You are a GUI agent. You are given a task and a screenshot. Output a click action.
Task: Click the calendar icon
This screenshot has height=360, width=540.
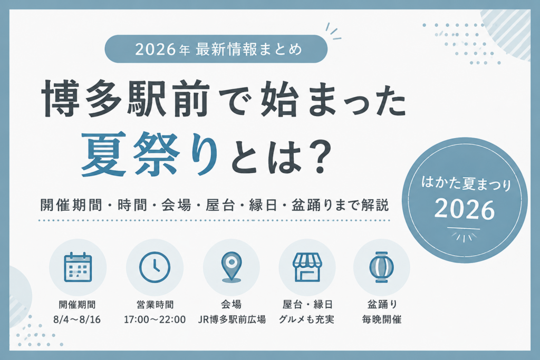pyautogui.click(x=78, y=267)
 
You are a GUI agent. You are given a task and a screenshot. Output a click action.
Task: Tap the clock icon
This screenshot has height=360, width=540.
pyautogui.click(x=155, y=267)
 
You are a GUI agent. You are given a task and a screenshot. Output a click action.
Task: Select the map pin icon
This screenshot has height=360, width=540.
pyautogui.click(x=232, y=267)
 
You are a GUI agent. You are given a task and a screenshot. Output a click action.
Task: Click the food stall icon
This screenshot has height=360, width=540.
pyautogui.click(x=307, y=267)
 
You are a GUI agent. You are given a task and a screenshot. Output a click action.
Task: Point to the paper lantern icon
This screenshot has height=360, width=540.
pyautogui.click(x=382, y=267)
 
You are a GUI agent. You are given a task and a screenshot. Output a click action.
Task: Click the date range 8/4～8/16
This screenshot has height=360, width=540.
pyautogui.click(x=77, y=319)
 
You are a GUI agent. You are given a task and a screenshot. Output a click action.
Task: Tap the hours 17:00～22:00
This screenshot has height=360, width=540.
pyautogui.click(x=155, y=319)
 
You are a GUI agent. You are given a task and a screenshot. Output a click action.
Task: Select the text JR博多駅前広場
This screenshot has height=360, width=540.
pyautogui.click(x=232, y=319)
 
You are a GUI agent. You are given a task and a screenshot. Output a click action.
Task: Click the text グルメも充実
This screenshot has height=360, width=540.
pyautogui.click(x=306, y=319)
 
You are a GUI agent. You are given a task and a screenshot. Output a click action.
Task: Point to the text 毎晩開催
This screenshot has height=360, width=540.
pyautogui.click(x=382, y=319)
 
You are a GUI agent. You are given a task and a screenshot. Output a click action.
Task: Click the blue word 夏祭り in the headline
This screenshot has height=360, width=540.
pyautogui.click(x=150, y=154)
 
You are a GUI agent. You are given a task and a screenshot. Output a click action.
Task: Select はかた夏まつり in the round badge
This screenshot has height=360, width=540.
pyautogui.click(x=466, y=183)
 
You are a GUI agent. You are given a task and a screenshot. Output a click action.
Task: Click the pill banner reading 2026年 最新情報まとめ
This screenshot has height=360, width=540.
pyautogui.click(x=216, y=49)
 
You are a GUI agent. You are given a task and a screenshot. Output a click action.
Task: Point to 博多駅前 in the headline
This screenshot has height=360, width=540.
pyautogui.click(x=126, y=99)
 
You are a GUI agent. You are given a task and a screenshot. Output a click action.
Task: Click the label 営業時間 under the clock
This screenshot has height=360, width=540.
pyautogui.click(x=155, y=304)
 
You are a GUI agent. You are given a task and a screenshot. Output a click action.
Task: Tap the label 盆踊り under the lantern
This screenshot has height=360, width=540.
pyautogui.click(x=382, y=304)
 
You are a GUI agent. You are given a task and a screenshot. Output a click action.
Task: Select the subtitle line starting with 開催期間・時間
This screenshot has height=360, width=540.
pyautogui.click(x=215, y=205)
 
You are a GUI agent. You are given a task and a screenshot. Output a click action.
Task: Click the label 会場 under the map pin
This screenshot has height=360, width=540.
pyautogui.click(x=232, y=304)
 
